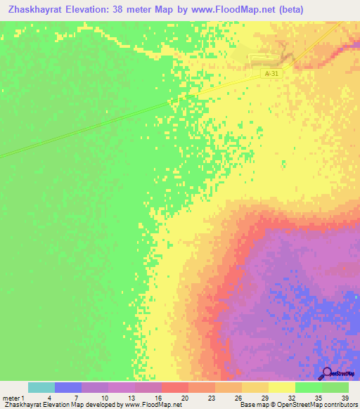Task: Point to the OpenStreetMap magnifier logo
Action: coord(326,373)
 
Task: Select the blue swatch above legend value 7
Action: coord(67,387)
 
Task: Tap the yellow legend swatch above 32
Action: coord(281,387)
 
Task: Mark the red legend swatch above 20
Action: coord(174,387)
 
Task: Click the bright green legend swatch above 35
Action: coord(308,387)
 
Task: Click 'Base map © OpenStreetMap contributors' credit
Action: coord(297,405)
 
